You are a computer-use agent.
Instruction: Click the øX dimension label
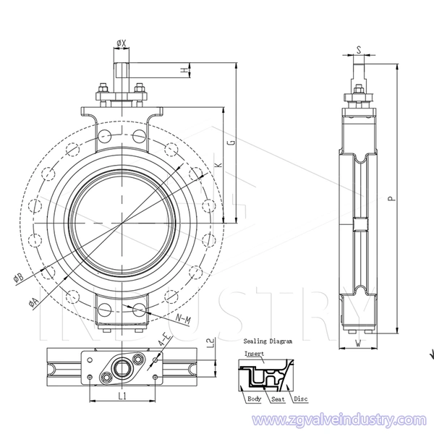tap(122, 43)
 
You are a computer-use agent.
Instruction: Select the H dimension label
tap(184, 71)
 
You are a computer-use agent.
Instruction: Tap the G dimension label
tap(232, 142)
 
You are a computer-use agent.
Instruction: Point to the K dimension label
tap(219, 165)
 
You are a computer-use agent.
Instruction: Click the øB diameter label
tap(19, 278)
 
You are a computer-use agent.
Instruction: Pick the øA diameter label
tap(33, 302)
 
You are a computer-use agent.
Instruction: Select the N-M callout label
tap(184, 320)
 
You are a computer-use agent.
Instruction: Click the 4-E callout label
tap(164, 340)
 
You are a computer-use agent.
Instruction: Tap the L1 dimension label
tap(122, 396)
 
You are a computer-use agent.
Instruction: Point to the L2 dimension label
tap(210, 343)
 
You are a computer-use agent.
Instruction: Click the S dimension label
tap(359, 50)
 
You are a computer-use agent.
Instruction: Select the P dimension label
tap(391, 198)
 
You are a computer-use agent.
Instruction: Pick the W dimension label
tap(359, 344)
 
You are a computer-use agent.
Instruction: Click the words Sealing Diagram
tap(268, 341)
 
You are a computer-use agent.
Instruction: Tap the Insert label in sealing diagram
tap(254, 354)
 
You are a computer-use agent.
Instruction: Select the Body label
tap(255, 399)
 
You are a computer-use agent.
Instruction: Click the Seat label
tap(278, 399)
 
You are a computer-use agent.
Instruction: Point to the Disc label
tap(301, 399)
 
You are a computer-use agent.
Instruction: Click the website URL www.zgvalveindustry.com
tap(339, 420)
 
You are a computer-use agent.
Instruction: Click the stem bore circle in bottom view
tap(121, 368)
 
